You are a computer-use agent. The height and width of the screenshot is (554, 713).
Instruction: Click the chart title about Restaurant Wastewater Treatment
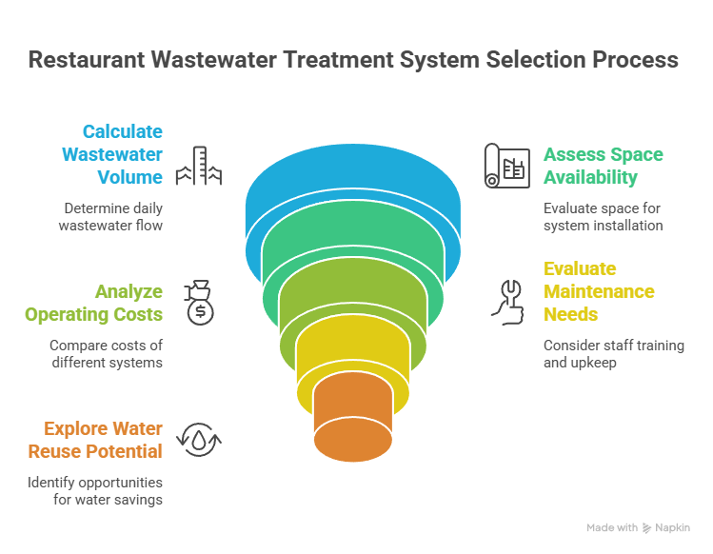pos(353,59)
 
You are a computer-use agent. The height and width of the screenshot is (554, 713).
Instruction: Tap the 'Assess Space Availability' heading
pos(603,166)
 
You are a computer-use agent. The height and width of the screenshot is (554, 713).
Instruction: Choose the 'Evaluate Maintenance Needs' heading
pos(599,291)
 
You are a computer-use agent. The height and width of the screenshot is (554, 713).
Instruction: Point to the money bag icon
pos(201,302)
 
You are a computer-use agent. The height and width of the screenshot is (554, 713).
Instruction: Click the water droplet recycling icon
pos(201,440)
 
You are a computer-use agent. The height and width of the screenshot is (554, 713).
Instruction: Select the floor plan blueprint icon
pos(505,166)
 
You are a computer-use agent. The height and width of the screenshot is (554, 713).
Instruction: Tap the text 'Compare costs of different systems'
pos(106,353)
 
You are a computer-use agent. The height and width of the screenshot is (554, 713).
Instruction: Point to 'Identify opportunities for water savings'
pos(94,490)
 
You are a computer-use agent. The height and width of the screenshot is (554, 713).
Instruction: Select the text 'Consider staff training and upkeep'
pos(613,353)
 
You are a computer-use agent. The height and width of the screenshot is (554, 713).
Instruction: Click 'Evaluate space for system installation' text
pos(603,216)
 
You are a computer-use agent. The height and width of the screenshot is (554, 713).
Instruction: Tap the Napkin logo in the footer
pos(648,527)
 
